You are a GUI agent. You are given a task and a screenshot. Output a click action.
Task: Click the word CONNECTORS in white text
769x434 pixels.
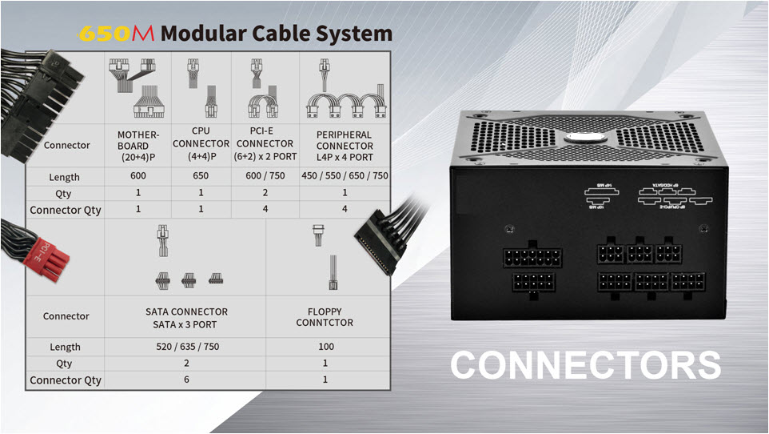[585, 365]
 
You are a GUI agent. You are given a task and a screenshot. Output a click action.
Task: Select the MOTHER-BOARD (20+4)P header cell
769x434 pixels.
[138, 146]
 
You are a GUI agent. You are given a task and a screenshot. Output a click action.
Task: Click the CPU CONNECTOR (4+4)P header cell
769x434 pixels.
[201, 146]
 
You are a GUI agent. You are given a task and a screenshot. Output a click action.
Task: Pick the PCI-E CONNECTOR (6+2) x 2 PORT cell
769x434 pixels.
[265, 146]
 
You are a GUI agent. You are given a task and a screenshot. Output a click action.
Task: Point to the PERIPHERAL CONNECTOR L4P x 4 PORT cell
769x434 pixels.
[345, 146]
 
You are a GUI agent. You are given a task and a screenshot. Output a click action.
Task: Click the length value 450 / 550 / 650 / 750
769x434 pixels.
[345, 176]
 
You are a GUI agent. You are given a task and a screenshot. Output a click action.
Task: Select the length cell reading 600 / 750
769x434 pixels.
[265, 176]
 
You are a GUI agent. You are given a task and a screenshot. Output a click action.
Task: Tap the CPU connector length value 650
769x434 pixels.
[201, 176]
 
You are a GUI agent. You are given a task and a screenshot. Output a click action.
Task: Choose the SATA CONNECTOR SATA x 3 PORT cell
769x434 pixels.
[186, 317]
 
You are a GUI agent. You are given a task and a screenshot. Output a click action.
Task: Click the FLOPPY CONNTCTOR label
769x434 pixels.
[324, 317]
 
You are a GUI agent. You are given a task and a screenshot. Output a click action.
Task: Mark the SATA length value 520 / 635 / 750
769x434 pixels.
[186, 347]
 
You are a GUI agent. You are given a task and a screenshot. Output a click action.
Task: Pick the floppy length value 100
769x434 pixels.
[324, 347]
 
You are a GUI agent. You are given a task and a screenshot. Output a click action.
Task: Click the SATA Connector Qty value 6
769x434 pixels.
[186, 380]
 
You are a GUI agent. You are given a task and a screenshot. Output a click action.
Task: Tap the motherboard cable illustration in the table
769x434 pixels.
[138, 88]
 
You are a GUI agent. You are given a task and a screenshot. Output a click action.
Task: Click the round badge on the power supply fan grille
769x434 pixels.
[580, 138]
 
